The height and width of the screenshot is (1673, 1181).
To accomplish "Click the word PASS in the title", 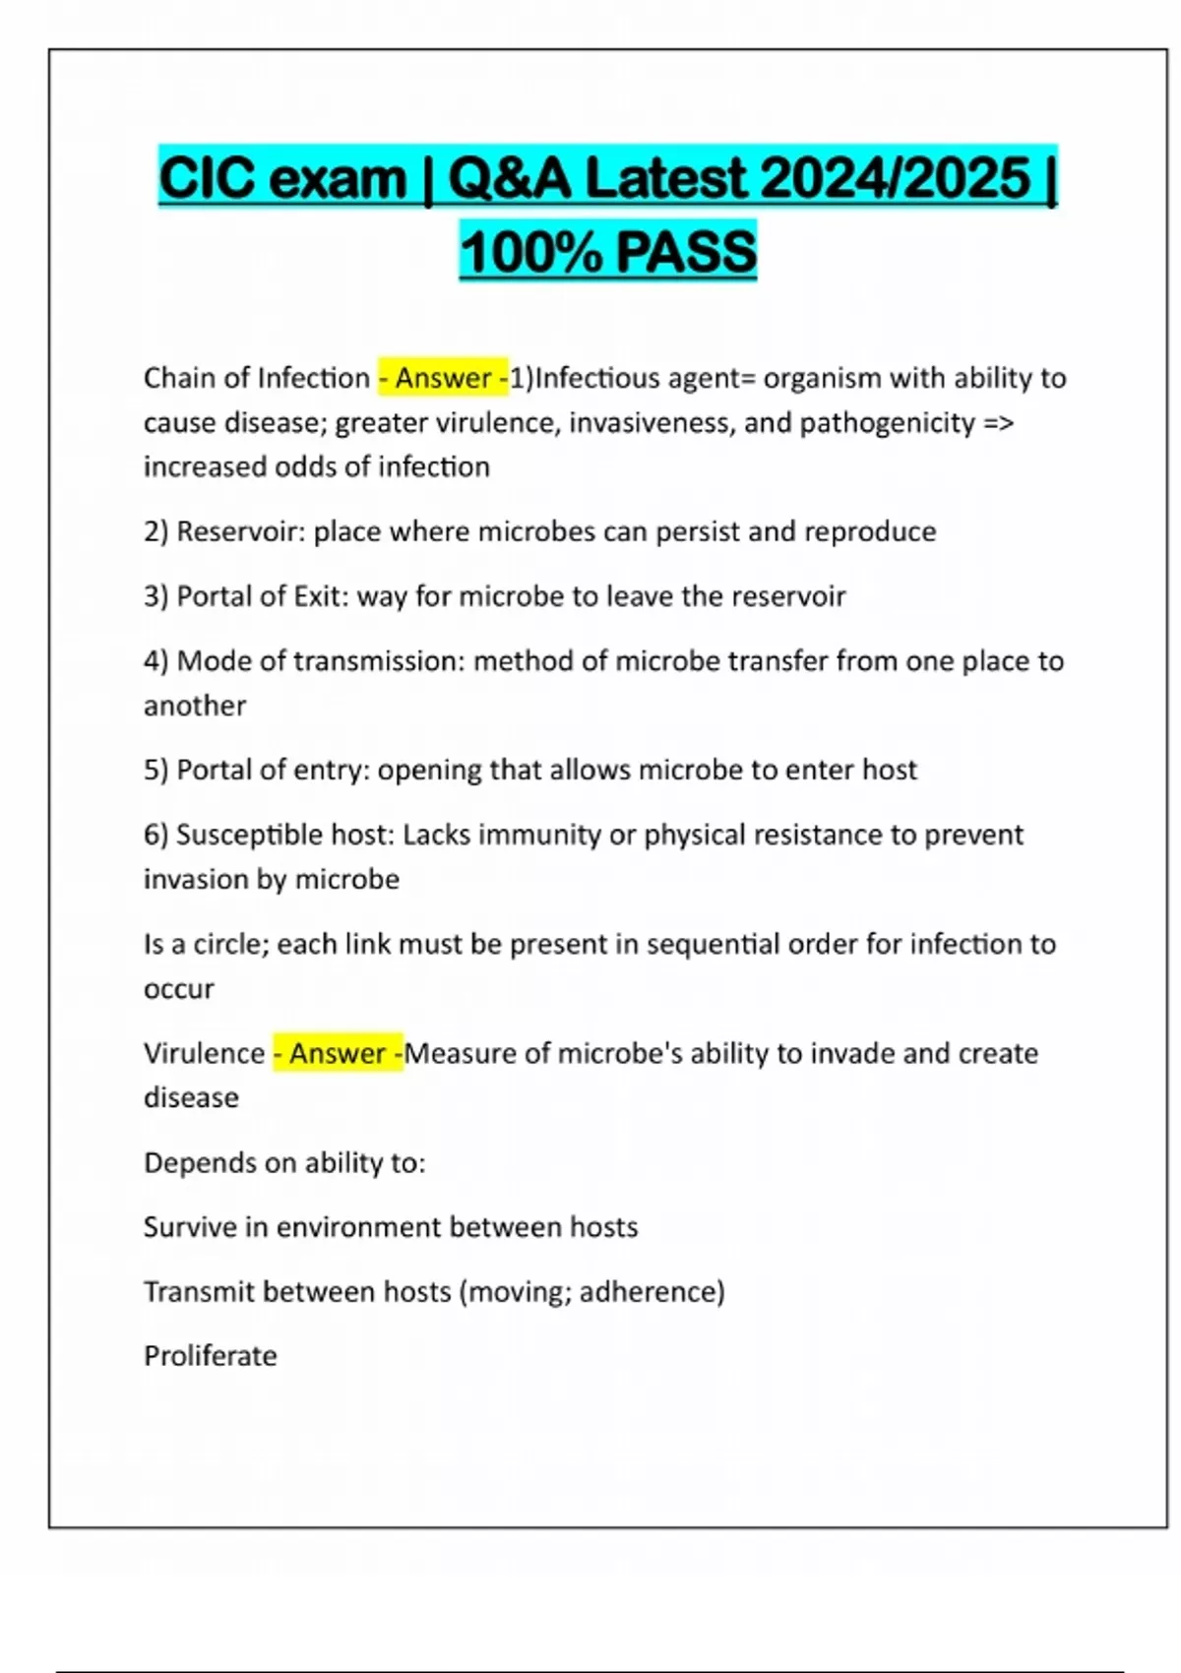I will point(686,251).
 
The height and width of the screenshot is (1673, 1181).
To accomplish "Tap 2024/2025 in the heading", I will point(895,179).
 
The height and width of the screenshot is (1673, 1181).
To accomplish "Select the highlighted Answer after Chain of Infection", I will point(443,378).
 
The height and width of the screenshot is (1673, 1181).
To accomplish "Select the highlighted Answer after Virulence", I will point(338,1053).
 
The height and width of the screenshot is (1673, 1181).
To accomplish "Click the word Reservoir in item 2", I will point(240,531).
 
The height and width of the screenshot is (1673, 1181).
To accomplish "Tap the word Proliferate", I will point(211,1356).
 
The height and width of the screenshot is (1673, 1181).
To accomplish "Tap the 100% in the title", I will point(530,251).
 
